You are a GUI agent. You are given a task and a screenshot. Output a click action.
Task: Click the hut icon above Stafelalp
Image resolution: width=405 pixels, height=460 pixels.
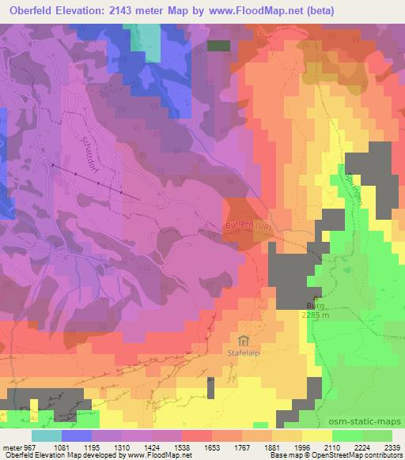pos(244,341)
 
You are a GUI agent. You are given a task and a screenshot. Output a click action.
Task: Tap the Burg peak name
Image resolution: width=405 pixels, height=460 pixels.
pos(316,304)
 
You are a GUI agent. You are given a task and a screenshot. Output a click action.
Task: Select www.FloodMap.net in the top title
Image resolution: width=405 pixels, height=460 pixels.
pos(266,11)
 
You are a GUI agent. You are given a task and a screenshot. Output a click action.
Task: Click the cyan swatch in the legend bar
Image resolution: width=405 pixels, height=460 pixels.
pos(47,435)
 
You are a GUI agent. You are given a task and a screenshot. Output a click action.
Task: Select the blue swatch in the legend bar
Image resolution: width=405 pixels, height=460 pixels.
pos(77,435)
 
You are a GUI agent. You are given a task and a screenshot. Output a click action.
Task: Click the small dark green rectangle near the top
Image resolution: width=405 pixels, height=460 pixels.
pos(218,46)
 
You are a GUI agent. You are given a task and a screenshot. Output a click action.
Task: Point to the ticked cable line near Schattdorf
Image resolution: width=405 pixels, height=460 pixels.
pos(95,181)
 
